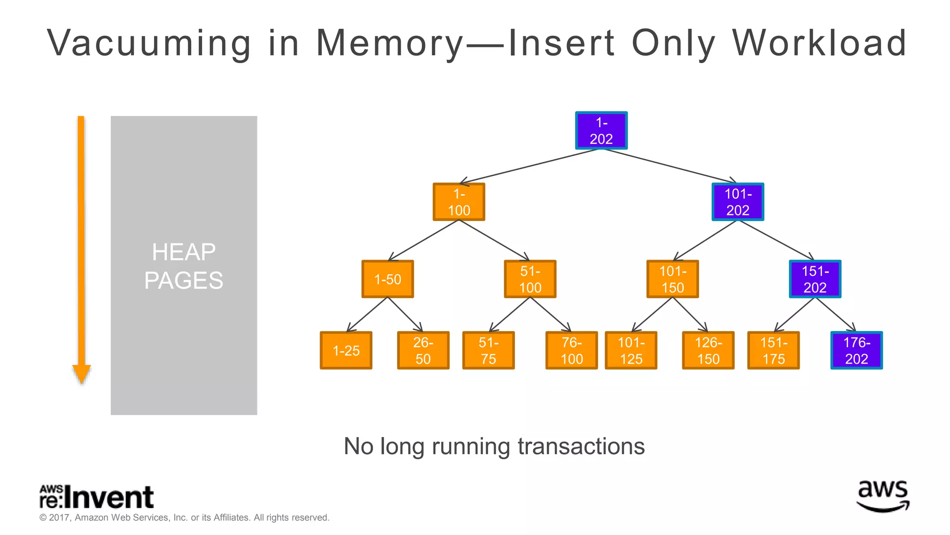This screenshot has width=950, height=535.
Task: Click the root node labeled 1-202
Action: click(x=601, y=130)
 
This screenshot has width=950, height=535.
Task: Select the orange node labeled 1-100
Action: click(x=459, y=202)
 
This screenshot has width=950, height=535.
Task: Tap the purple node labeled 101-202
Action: click(x=738, y=202)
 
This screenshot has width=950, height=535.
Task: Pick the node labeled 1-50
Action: click(x=387, y=279)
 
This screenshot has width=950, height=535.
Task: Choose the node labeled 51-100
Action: click(x=530, y=279)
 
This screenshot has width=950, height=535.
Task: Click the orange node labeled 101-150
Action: click(x=672, y=279)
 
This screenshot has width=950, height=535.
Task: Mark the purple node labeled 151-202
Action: click(x=815, y=279)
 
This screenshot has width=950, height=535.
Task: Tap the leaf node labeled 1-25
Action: click(x=346, y=351)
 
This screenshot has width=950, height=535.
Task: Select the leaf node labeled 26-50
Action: click(x=423, y=351)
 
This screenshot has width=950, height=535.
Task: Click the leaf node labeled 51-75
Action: click(x=488, y=351)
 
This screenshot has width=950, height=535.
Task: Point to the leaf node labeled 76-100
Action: click(x=571, y=351)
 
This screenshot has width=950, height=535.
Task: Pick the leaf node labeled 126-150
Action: click(x=708, y=351)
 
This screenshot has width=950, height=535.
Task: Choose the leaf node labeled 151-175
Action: click(x=773, y=351)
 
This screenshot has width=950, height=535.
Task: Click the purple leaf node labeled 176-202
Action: click(x=856, y=351)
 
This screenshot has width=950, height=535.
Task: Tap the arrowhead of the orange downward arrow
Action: click(x=82, y=374)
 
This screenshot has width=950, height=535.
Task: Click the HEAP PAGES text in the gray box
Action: click(x=184, y=266)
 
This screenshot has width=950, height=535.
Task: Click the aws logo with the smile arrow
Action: click(x=882, y=496)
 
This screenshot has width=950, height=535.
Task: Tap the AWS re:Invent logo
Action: click(x=96, y=497)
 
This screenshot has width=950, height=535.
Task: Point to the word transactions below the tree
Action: click(x=581, y=446)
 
